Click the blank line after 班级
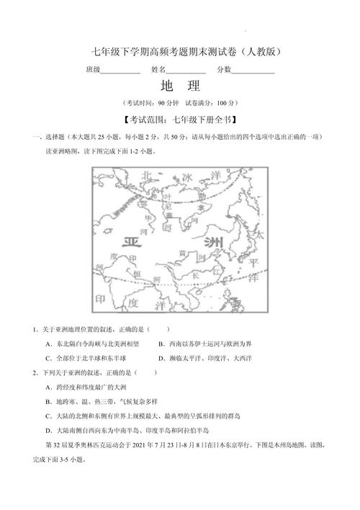tap(120, 71)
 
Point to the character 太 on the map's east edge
tap(260, 236)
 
